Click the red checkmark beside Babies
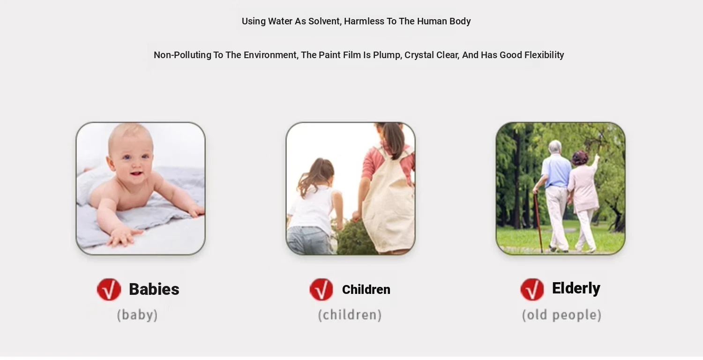point(109,289)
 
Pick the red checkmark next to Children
point(322,289)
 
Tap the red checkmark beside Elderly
point(532,289)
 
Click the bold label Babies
point(154,289)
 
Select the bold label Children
point(366,289)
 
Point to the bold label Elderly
point(576,288)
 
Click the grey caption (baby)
point(137,315)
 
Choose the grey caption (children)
point(350,315)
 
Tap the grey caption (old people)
point(562,315)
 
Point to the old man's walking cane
point(538,222)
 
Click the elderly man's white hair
point(555,146)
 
